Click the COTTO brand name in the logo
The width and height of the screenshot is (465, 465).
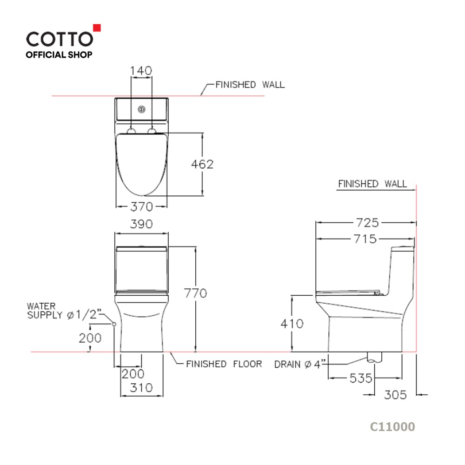[x=59, y=38]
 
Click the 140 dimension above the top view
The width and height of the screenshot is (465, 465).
[x=141, y=71]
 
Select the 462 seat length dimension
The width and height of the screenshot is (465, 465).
[x=203, y=164]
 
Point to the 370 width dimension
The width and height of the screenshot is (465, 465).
[x=141, y=206]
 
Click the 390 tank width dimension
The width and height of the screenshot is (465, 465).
[x=141, y=224]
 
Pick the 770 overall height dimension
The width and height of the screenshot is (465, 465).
[x=195, y=293]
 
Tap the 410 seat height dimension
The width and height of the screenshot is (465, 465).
[x=292, y=323]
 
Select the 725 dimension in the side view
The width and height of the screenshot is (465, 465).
[x=367, y=223]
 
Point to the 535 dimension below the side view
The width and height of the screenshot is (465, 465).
[x=361, y=378]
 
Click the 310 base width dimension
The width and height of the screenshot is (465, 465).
[x=141, y=388]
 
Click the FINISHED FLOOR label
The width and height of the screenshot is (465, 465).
[x=224, y=364]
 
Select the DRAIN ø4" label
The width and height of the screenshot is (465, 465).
[x=298, y=364]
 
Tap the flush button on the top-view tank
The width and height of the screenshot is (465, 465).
[x=141, y=110]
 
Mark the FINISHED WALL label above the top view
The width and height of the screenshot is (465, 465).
[x=250, y=85]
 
